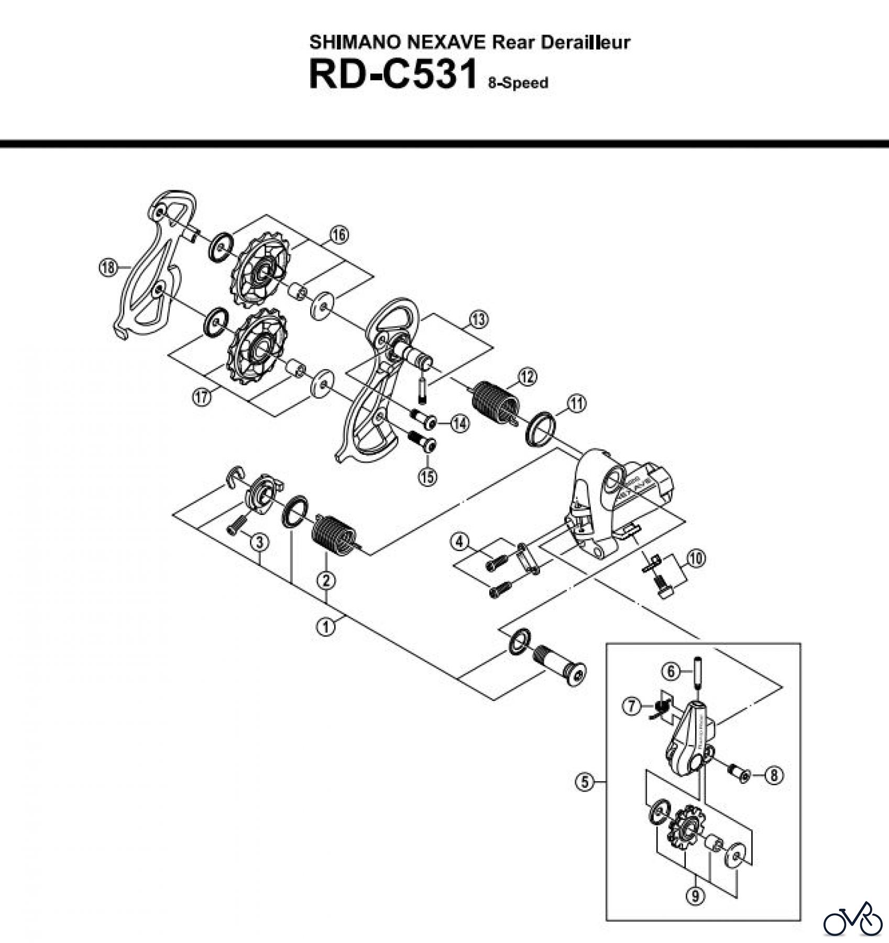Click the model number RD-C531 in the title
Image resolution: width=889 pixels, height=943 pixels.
point(392,74)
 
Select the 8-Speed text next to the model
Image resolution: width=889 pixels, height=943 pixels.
point(518,83)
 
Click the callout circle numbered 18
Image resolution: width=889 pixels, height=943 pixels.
point(107,268)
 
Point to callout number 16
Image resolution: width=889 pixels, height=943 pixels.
point(339,235)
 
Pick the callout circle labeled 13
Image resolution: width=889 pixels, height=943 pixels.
point(478,320)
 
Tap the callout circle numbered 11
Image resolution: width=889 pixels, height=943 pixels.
point(576,403)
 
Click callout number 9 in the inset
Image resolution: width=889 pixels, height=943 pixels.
point(695,896)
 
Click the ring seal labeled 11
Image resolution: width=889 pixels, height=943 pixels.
point(540,427)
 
